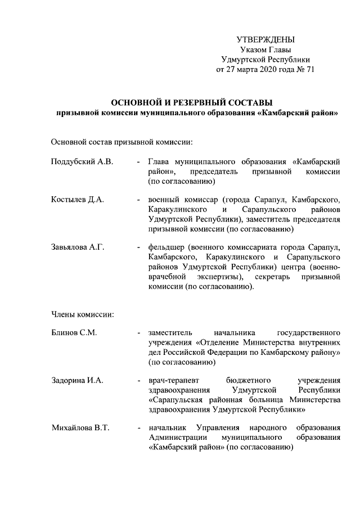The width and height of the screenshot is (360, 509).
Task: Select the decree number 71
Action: (x=309, y=70)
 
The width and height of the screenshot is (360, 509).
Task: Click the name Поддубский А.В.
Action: (x=82, y=162)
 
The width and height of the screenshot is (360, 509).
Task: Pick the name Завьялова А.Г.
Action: (x=78, y=246)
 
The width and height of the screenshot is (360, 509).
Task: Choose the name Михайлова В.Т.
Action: (x=80, y=428)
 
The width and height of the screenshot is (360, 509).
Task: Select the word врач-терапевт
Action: (x=173, y=380)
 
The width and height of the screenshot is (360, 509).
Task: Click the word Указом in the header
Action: (x=252, y=49)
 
